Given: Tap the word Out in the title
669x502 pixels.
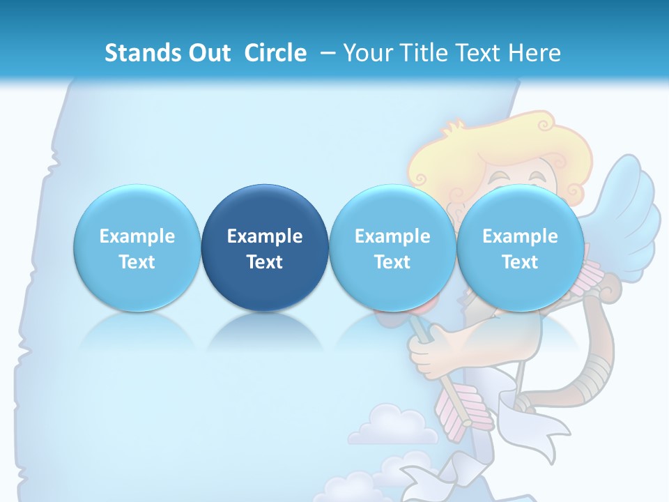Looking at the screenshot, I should tap(207, 53).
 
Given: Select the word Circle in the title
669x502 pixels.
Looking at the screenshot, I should tap(275, 53).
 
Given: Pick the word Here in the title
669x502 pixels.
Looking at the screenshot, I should tap(535, 53).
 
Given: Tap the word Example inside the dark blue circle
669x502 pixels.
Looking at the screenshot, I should tap(265, 236).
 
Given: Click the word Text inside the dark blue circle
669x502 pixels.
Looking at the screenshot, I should tap(265, 262).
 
